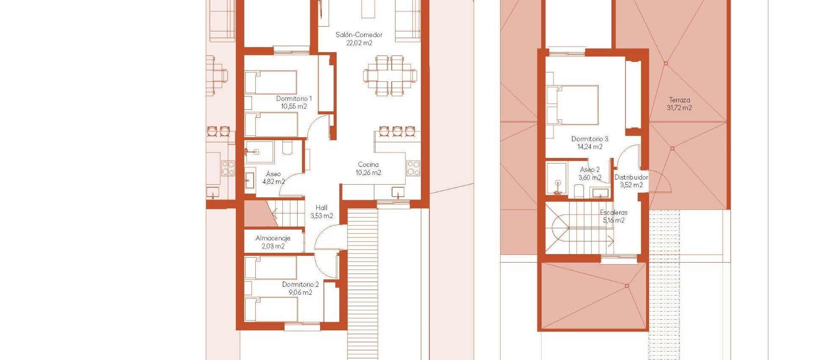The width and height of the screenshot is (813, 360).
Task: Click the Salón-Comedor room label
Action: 359,35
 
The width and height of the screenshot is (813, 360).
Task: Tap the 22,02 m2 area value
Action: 359,43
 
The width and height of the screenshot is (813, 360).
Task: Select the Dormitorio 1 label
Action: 294,99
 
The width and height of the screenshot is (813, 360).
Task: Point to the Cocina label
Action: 368,164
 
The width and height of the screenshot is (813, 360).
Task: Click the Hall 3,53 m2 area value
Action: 322,216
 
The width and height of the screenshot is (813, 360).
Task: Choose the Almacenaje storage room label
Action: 273,238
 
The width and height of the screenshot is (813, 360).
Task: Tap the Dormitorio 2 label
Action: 301,284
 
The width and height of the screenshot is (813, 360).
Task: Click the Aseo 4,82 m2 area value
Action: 274,182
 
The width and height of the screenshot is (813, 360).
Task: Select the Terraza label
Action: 680,100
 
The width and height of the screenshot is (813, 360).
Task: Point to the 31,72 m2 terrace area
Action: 680,108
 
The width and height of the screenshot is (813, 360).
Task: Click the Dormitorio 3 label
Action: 590,139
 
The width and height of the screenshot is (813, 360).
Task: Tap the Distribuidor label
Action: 631,177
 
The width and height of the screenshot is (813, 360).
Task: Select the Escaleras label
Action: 614,212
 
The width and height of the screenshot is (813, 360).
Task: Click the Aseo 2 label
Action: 590,170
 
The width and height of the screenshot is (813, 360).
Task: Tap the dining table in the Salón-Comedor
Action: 390,75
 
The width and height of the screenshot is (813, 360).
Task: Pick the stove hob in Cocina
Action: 413,168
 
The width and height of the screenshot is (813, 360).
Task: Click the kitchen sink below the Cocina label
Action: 398,193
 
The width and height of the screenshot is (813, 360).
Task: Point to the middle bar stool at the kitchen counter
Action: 397,131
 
